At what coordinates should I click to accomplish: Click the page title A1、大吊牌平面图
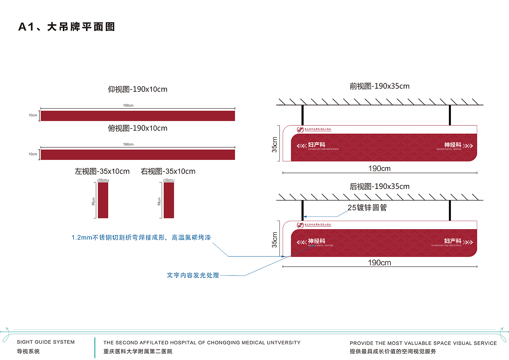tap(67, 27)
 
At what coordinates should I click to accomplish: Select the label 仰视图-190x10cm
tap(138, 89)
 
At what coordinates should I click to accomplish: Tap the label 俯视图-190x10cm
tap(138, 128)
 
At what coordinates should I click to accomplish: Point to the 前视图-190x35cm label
tap(379, 86)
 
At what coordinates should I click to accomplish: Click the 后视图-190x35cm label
tap(379, 186)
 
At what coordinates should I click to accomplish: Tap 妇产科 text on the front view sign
tap(317, 145)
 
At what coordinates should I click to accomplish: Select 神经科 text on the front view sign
tap(453, 145)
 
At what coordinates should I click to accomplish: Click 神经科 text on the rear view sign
tap(317, 241)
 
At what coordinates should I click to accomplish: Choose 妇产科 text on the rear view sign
tap(453, 241)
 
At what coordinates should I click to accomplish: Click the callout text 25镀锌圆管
tap(367, 208)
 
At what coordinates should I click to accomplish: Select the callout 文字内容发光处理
tap(193, 275)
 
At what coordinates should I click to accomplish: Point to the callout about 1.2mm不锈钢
tap(141, 237)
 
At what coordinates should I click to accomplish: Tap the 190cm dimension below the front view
tap(379, 168)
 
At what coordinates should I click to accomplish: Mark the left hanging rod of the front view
tap(303, 115)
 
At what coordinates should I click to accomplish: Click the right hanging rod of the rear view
tap(450, 210)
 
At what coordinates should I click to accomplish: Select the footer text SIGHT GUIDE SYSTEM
tap(46, 342)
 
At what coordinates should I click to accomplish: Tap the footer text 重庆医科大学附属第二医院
tap(138, 352)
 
